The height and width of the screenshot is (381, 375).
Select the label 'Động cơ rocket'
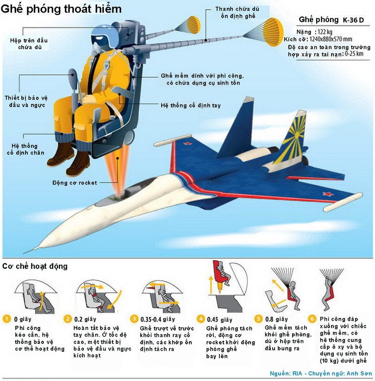coord(75,183)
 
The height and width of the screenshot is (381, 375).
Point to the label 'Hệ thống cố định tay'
coord(190,106)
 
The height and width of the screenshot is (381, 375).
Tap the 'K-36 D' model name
coord(354,21)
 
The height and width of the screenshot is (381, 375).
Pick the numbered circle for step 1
coord(6,319)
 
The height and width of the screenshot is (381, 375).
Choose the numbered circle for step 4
coord(200,319)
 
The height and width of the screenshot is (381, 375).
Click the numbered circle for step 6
coord(312,319)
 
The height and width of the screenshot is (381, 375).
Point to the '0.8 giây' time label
coord(275,319)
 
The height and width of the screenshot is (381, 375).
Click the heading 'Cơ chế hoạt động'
coord(35,266)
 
